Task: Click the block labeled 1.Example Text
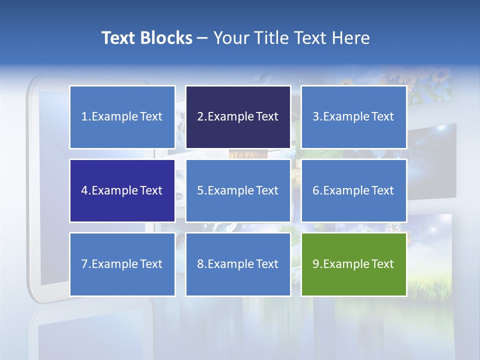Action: [122, 117]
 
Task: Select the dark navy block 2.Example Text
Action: [238, 117]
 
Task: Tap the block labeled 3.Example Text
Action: [353, 117]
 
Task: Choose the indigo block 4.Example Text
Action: [122, 190]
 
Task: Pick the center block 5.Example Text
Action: [238, 190]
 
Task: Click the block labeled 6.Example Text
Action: [353, 190]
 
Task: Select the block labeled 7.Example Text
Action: [122, 264]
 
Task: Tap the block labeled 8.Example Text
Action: [238, 264]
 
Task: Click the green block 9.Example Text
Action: [353, 264]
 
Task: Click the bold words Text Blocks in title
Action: [146, 38]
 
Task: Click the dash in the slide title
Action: [202, 38]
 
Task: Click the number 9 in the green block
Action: [316, 264]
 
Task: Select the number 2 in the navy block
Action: [200, 117]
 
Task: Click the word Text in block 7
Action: [151, 264]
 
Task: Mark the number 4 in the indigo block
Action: [84, 190]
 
